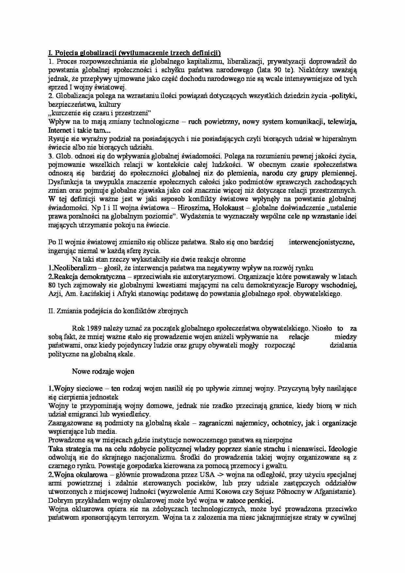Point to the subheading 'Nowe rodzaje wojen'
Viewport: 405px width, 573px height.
(103, 371)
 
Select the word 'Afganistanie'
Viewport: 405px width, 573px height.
(337, 492)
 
